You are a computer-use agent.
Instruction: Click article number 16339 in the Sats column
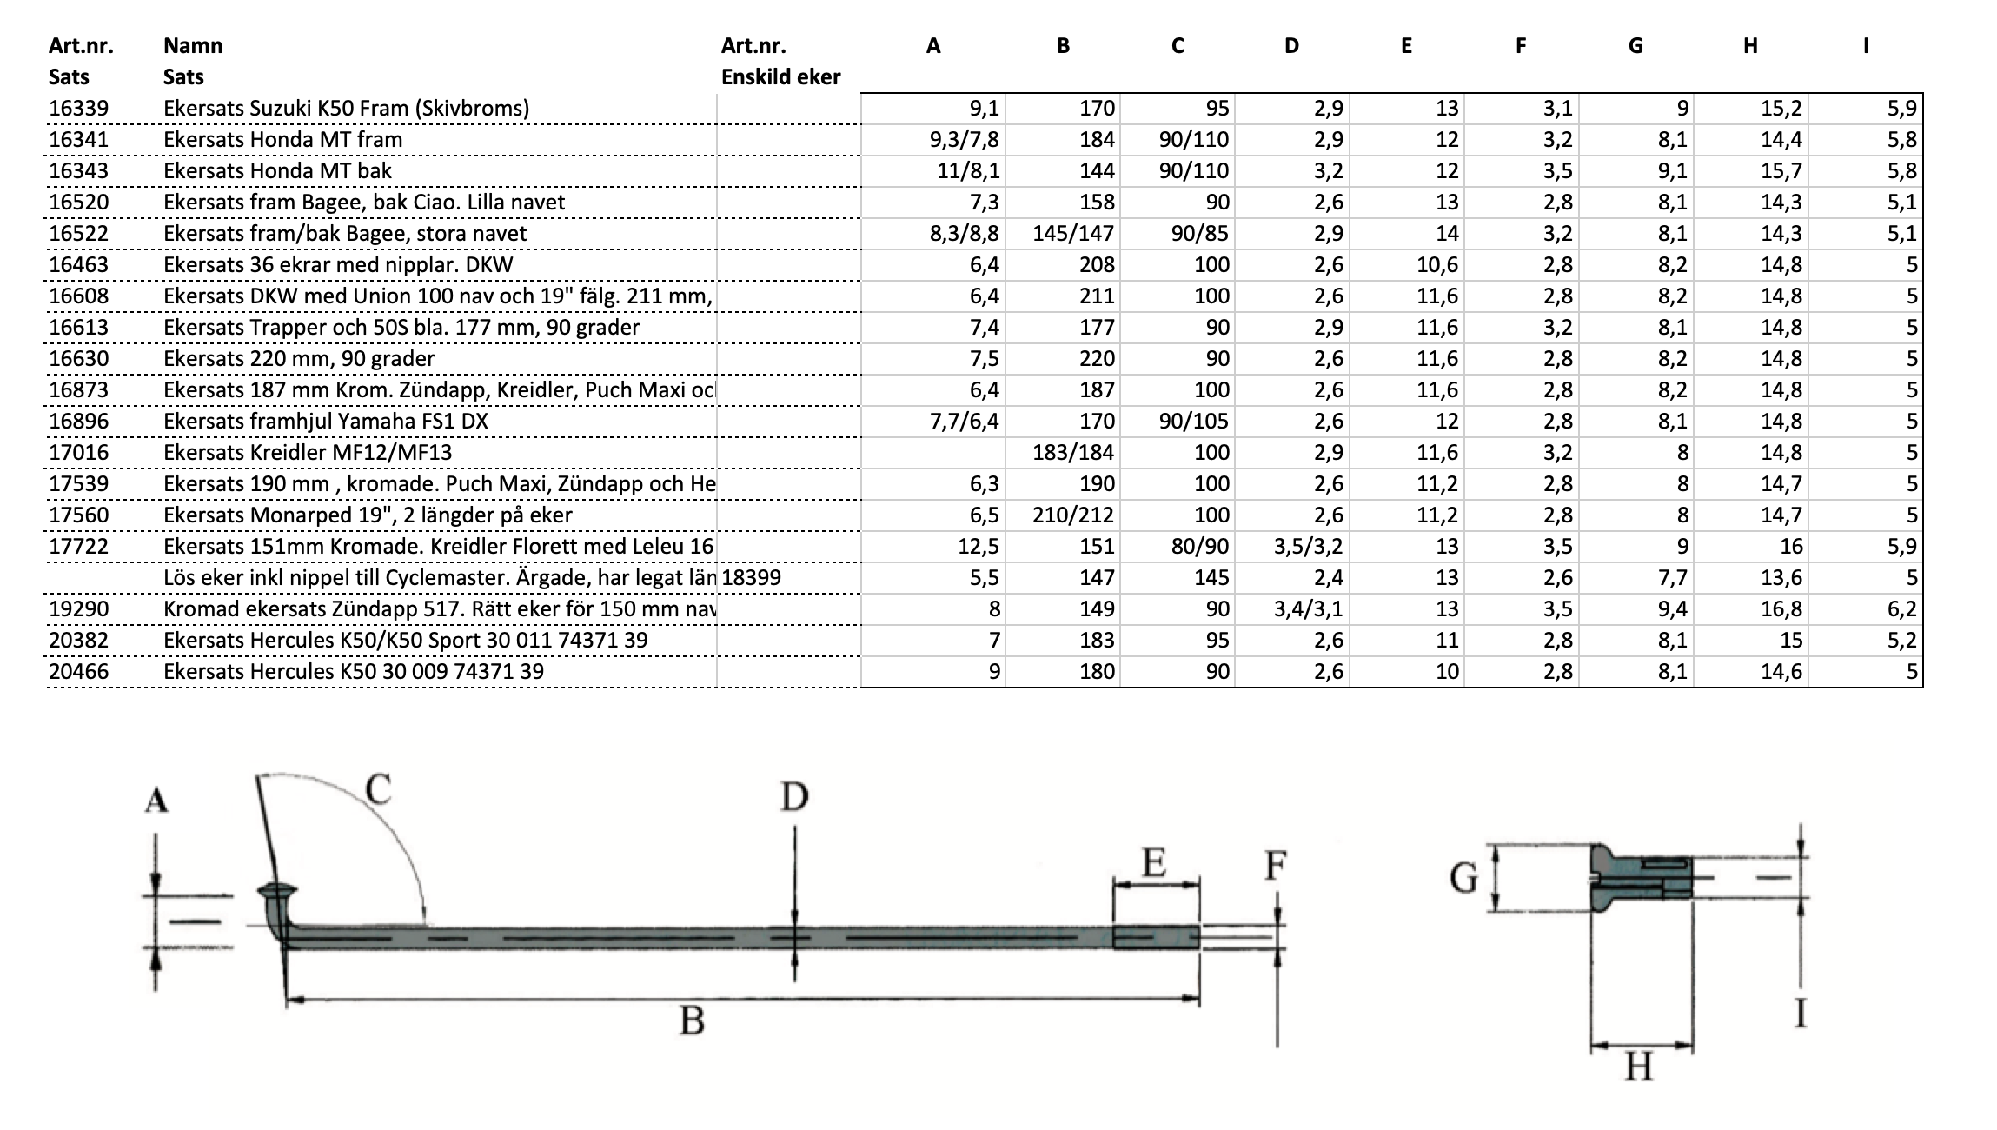(78, 109)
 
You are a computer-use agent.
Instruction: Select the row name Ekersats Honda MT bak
(277, 171)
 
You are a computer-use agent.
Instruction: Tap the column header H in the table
(1750, 46)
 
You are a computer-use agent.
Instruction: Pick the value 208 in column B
(1097, 265)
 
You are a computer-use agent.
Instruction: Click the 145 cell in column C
(1211, 578)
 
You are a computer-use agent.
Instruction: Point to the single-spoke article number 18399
(751, 578)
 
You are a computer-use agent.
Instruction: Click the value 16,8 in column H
(1781, 609)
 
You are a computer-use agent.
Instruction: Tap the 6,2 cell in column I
(1902, 609)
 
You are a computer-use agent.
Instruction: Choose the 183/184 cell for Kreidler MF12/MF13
(1073, 453)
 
